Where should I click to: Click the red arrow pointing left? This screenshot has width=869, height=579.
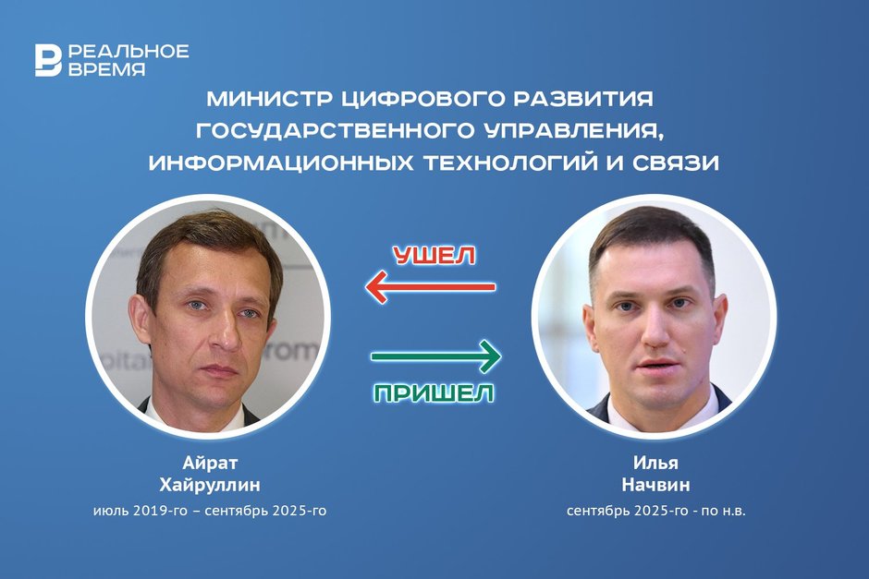[431, 287]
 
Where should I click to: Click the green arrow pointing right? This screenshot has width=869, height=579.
[436, 356]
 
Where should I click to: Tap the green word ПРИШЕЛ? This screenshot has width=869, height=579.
[434, 393]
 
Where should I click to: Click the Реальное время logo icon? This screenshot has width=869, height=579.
[48, 60]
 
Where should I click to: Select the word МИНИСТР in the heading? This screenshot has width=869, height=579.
[268, 99]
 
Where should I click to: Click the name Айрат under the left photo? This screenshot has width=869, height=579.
[210, 463]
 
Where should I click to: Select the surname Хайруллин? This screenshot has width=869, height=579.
[210, 486]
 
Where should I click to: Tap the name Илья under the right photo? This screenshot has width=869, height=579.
[655, 463]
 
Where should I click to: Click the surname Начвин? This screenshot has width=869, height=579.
[655, 486]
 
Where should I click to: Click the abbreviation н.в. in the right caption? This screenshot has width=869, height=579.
[733, 511]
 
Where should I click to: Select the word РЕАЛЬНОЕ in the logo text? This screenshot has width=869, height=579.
[129, 52]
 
